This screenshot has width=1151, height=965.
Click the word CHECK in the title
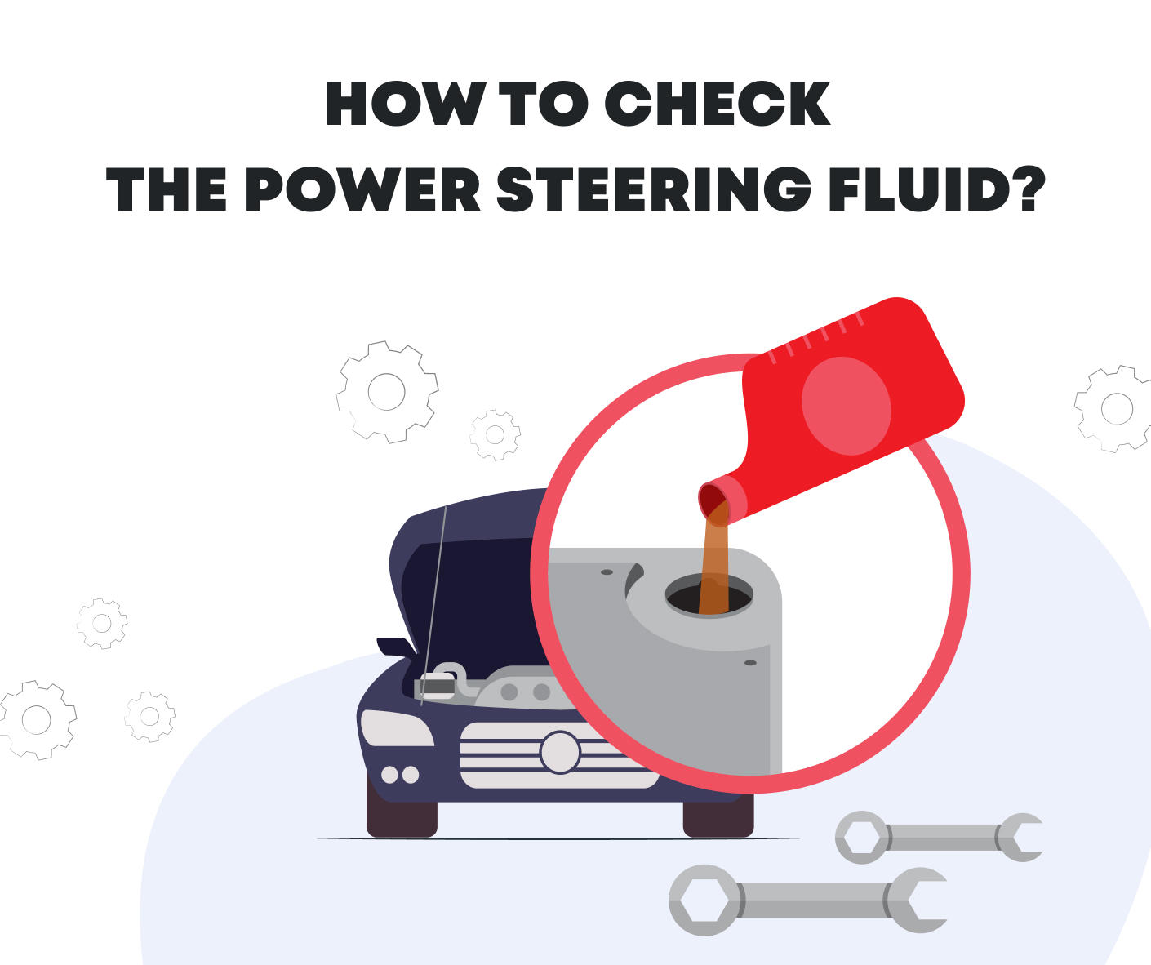(717, 105)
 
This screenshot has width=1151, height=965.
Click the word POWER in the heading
(362, 190)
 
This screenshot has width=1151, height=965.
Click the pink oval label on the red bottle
(846, 406)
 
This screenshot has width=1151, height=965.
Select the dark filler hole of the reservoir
(709, 597)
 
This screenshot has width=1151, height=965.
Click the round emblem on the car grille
(560, 752)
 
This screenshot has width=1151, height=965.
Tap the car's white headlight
(396, 729)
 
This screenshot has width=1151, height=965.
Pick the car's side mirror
(395, 647)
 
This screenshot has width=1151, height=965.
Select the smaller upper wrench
(939, 837)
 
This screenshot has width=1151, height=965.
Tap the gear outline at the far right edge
(1115, 408)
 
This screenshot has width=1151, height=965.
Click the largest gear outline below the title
(387, 392)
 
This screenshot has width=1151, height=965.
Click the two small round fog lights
(400, 775)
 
